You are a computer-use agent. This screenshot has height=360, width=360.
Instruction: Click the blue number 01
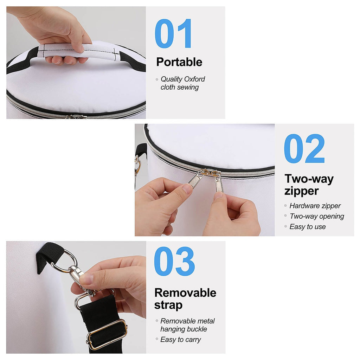click(x=173, y=33)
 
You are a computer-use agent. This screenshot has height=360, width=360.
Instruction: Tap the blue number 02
click(x=304, y=149)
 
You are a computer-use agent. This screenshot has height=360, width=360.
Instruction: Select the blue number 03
click(x=174, y=261)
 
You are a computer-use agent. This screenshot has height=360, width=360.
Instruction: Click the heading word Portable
click(x=179, y=62)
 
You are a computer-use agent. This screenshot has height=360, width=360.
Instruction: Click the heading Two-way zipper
click(x=309, y=185)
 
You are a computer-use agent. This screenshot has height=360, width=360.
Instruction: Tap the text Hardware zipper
click(x=315, y=206)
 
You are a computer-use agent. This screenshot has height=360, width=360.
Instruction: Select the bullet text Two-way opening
click(x=317, y=216)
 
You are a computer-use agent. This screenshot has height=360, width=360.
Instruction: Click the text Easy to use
click(x=307, y=227)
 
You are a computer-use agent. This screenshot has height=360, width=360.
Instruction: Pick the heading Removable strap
click(x=185, y=299)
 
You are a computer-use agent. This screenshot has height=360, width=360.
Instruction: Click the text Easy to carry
click(x=180, y=339)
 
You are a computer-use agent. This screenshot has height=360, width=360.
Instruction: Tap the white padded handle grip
click(x=78, y=52)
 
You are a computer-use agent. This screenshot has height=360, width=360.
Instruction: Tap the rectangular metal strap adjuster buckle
click(x=107, y=334)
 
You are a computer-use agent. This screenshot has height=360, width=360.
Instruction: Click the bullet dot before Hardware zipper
click(x=285, y=206)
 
